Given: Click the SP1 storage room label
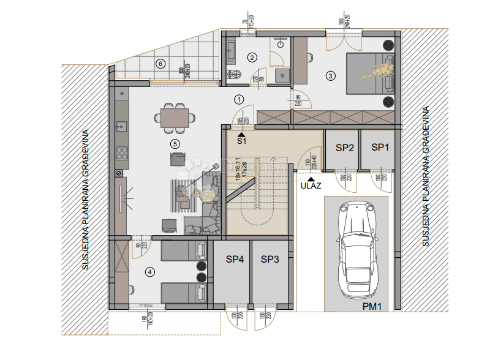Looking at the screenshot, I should click(x=380, y=148).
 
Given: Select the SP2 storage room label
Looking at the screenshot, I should click(x=345, y=148).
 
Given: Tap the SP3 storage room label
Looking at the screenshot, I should click(x=270, y=260).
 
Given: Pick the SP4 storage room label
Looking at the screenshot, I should click(x=235, y=260).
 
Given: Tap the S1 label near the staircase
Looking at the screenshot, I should click(x=241, y=141).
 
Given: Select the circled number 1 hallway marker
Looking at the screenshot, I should click(x=239, y=98).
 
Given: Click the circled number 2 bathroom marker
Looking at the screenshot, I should click(x=252, y=58).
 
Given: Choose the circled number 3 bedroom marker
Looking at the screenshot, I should click(x=331, y=76).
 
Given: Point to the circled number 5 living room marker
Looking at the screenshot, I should click(x=175, y=143).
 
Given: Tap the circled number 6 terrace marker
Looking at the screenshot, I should click(x=160, y=63).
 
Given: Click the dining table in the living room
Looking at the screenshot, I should click(x=175, y=118).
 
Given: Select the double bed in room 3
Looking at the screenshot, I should click(x=370, y=73).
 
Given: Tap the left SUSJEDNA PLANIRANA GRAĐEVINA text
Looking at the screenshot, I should click(x=86, y=200).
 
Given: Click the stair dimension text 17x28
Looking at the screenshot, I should click(x=243, y=171).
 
